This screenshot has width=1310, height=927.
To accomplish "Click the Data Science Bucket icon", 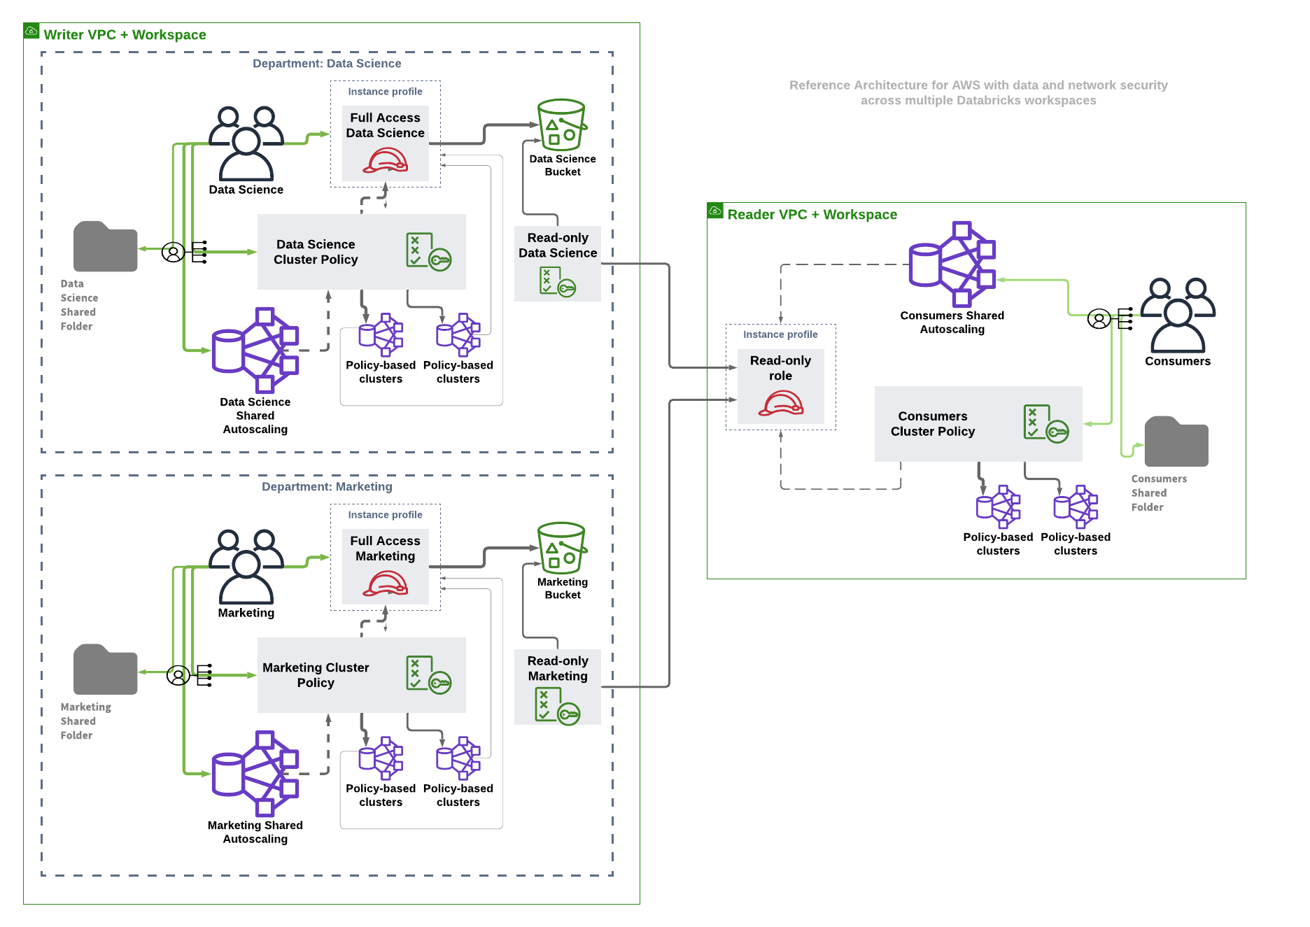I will click(x=561, y=125).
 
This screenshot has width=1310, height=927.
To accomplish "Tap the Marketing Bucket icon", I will click(x=561, y=549).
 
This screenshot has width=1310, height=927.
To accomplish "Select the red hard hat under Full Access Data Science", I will click(x=385, y=161).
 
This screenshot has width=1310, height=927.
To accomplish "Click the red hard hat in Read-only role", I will click(x=780, y=404).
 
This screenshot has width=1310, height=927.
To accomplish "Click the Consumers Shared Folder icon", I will click(x=1176, y=442).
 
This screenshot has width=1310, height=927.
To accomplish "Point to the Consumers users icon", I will click(x=1178, y=316).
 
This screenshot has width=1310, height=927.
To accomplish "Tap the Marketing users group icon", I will click(x=246, y=567).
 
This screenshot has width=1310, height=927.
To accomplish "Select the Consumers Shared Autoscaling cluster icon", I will click(x=952, y=264).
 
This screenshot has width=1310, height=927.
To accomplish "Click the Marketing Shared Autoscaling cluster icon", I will click(x=256, y=774).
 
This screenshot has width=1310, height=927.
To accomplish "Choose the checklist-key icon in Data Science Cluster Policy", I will click(x=428, y=252).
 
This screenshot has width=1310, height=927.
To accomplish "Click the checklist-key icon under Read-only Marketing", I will click(x=557, y=706).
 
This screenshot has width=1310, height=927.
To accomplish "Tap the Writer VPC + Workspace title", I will click(x=125, y=35).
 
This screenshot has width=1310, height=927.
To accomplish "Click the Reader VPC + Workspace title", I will click(x=812, y=215).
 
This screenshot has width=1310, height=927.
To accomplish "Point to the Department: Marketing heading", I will click(x=327, y=487).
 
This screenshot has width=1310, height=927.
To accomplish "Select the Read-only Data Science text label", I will click(x=558, y=246).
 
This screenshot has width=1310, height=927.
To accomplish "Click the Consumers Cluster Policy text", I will click(x=932, y=424).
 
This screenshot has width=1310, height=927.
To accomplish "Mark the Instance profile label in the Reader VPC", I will click(x=780, y=335).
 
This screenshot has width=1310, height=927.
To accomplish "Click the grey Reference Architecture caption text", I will click(x=978, y=93).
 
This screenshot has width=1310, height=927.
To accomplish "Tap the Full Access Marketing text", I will click(x=385, y=549).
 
